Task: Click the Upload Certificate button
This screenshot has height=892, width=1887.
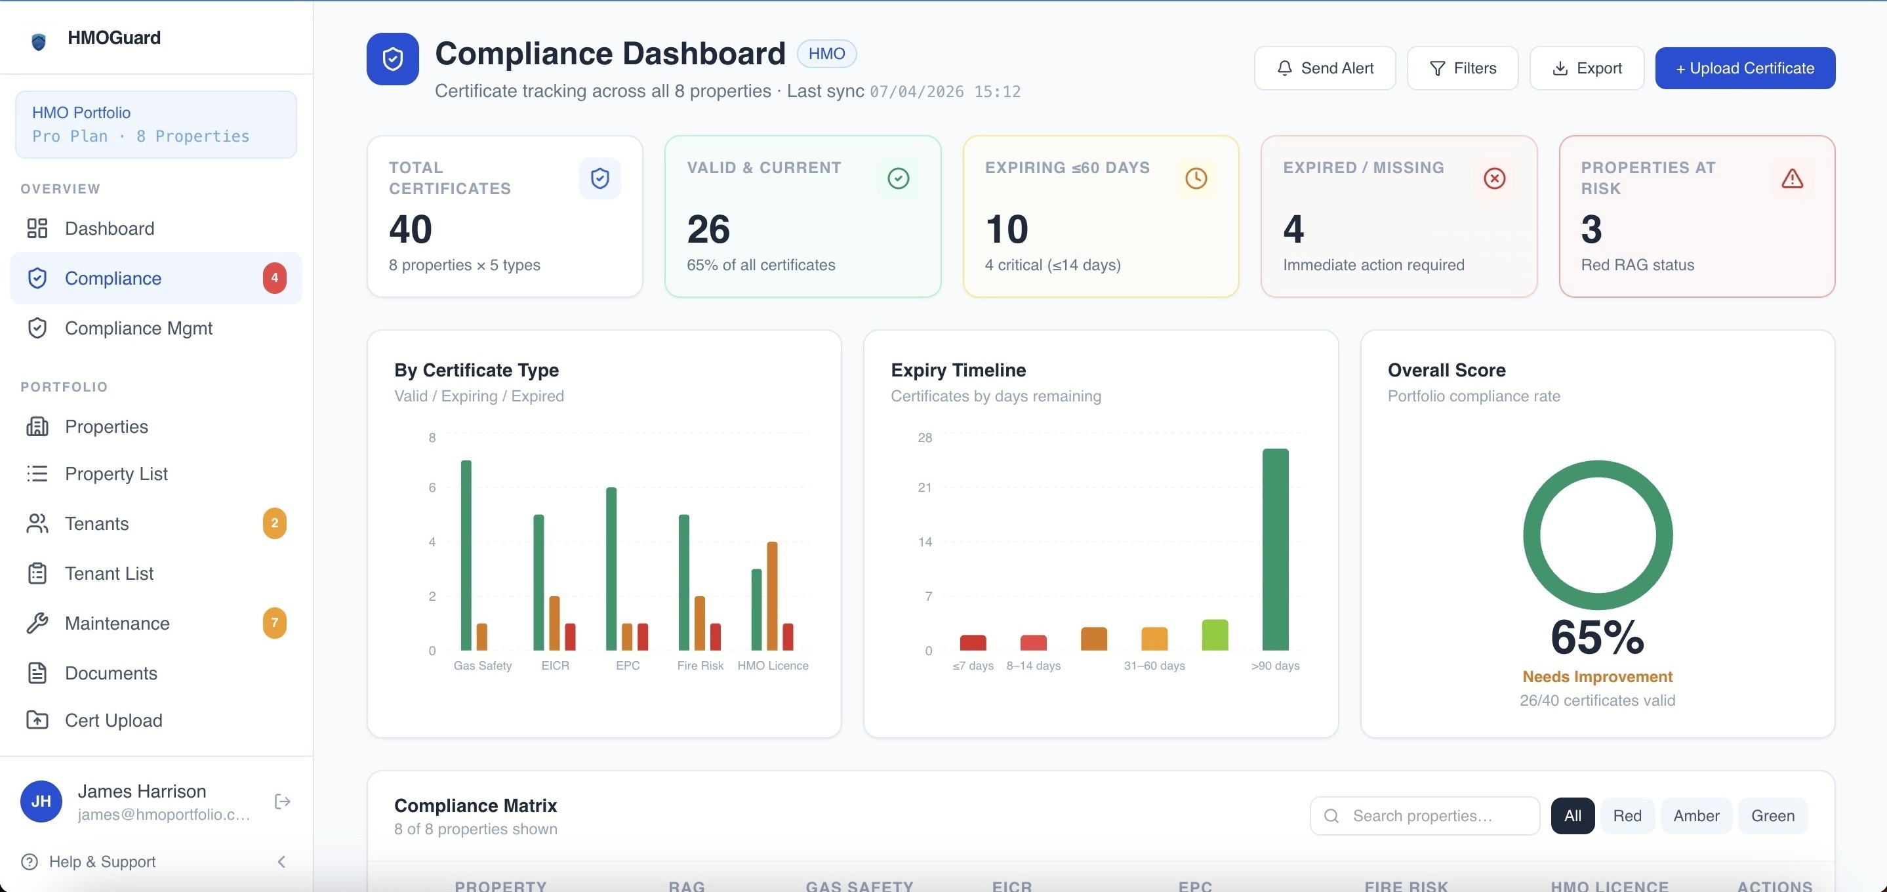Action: (x=1745, y=68)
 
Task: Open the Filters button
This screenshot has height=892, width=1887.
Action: (x=1462, y=68)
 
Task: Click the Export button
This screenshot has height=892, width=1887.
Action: (x=1587, y=68)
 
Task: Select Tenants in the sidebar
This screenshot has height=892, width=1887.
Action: (x=96, y=523)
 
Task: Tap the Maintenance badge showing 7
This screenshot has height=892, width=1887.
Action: (x=275, y=623)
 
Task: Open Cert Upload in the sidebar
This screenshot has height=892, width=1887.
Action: (x=113, y=721)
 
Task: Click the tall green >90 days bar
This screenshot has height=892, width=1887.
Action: (x=1275, y=549)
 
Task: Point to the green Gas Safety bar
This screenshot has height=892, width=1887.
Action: (x=466, y=555)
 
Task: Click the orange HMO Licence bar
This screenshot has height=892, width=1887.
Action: (x=772, y=596)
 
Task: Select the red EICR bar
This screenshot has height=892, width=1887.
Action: (x=570, y=637)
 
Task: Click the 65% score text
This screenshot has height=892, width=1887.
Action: (x=1597, y=637)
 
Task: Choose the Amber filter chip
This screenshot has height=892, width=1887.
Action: (x=1696, y=816)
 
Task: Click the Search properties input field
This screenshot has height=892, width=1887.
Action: (x=1425, y=816)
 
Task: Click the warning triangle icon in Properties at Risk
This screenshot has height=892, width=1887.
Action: (x=1792, y=178)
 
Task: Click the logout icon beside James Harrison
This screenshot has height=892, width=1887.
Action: (x=282, y=802)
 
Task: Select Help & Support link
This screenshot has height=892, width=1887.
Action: (x=102, y=862)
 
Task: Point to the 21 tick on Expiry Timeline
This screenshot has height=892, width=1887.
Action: (x=924, y=488)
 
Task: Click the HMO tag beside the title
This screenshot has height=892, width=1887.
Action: (x=826, y=54)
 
